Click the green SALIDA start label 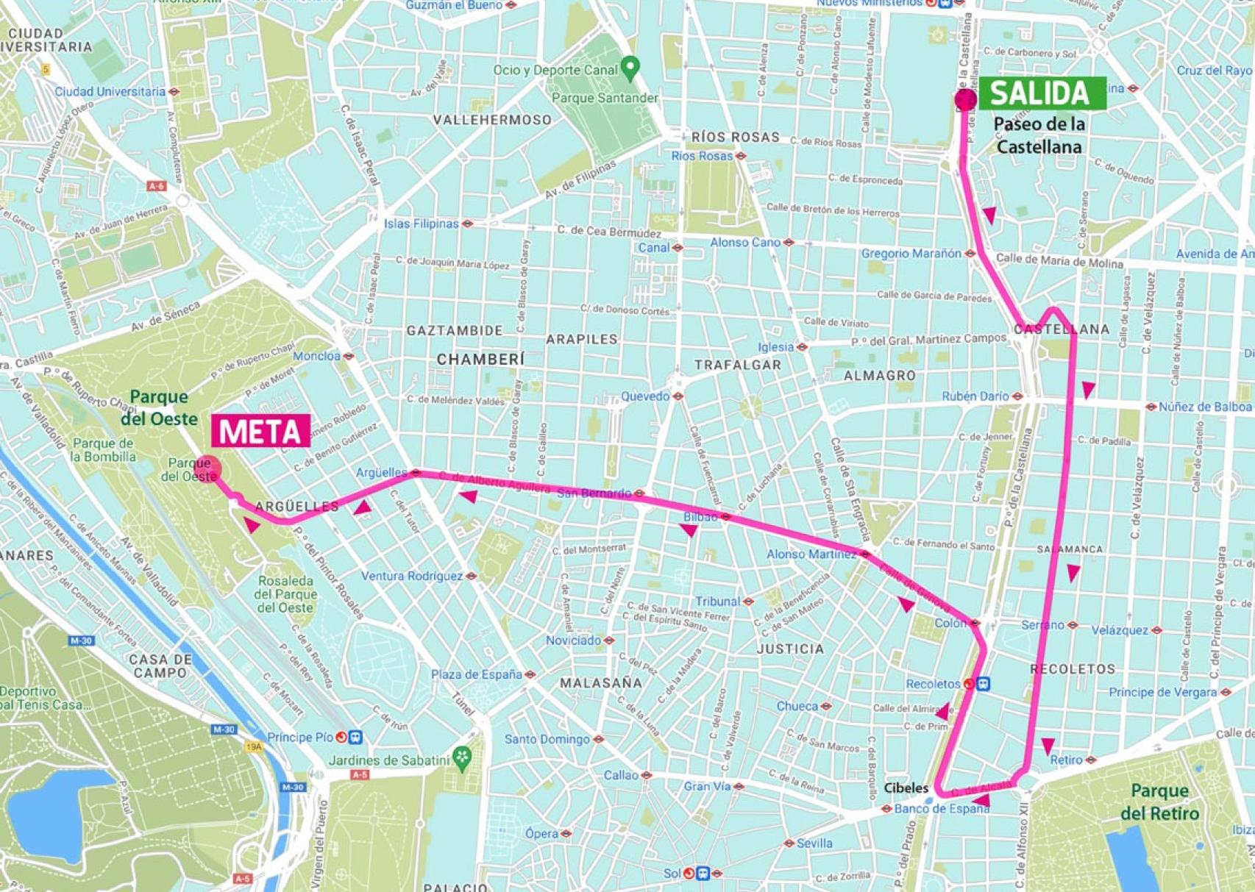click(1040, 93)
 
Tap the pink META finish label click(260, 432)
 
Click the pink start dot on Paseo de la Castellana click(964, 99)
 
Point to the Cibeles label click(906, 788)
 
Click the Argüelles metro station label click(381, 473)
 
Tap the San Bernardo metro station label click(594, 493)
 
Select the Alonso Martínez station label click(811, 554)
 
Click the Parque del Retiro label click(1159, 802)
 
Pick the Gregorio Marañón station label click(911, 254)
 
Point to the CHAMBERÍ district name click(480, 360)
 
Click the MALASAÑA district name click(601, 682)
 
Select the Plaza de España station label click(476, 674)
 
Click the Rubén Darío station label click(975, 396)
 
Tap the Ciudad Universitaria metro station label click(110, 92)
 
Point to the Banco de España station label click(942, 809)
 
